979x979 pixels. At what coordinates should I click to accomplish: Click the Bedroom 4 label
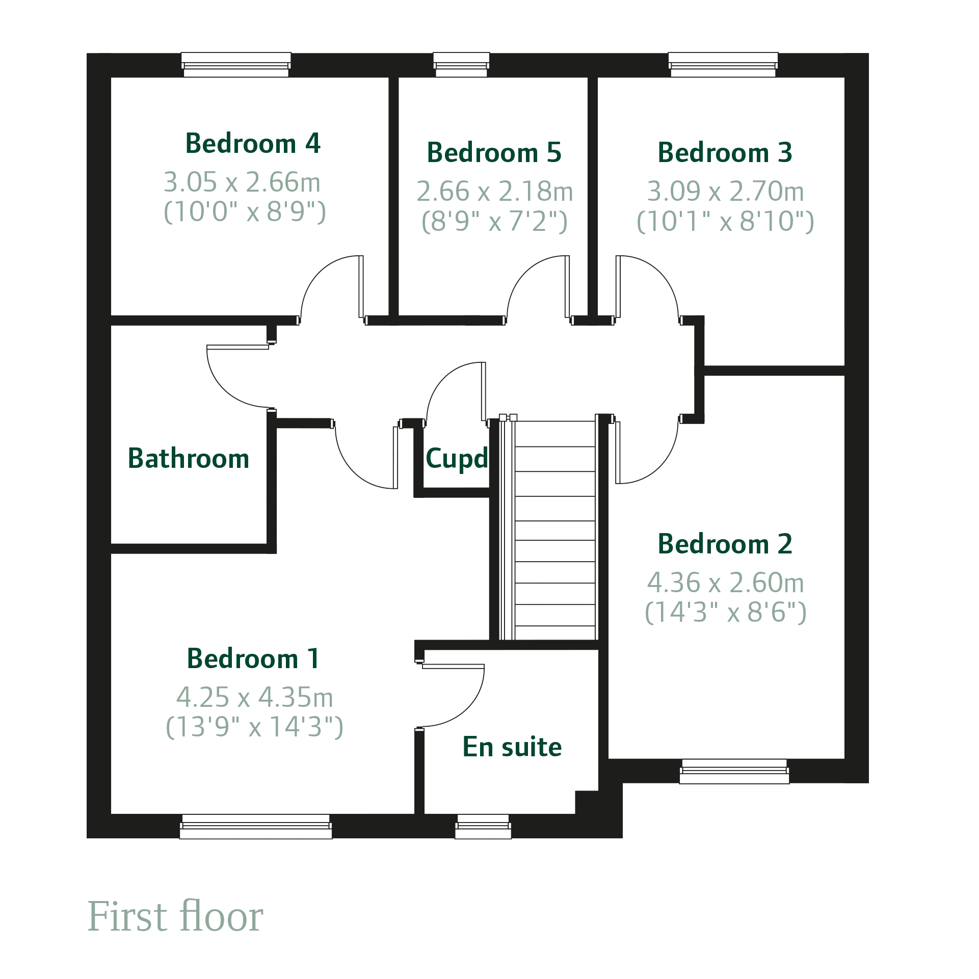[x=253, y=143]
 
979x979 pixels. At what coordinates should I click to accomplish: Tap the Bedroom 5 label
[x=494, y=152]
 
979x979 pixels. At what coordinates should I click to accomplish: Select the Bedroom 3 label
[x=725, y=152]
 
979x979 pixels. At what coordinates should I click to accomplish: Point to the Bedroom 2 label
[x=725, y=544]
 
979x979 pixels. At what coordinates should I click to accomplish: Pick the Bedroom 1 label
[x=253, y=658]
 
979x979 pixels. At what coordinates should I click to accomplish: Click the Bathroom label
[x=189, y=458]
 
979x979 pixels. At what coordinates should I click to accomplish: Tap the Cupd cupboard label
[x=457, y=459]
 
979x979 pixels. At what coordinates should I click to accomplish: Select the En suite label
[x=512, y=747]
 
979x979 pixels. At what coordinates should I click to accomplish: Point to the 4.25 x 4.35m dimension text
[x=255, y=697]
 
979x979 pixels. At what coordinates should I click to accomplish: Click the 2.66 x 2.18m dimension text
[x=495, y=192]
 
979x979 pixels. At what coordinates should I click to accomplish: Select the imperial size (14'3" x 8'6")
[x=726, y=613]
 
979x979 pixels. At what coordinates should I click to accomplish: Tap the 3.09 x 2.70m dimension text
[x=726, y=192]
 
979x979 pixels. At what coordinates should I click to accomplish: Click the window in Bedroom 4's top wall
[x=236, y=65]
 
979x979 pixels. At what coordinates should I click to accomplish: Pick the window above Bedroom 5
[x=461, y=65]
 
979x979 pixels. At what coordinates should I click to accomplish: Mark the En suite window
[x=483, y=826]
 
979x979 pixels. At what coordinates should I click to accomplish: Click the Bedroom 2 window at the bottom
[x=734, y=772]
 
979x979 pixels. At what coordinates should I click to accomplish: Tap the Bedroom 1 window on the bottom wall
[x=256, y=826]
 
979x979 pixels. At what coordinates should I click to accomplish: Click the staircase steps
[x=555, y=530]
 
